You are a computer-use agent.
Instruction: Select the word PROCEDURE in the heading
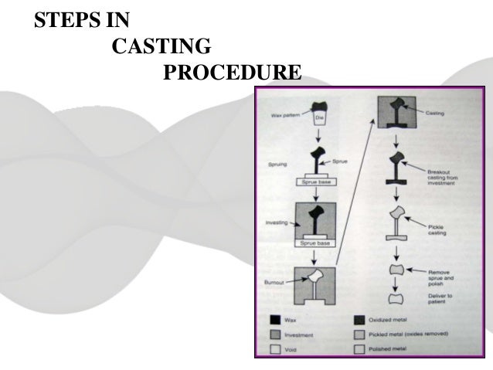point(233,73)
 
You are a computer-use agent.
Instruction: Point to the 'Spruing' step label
point(280,165)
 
